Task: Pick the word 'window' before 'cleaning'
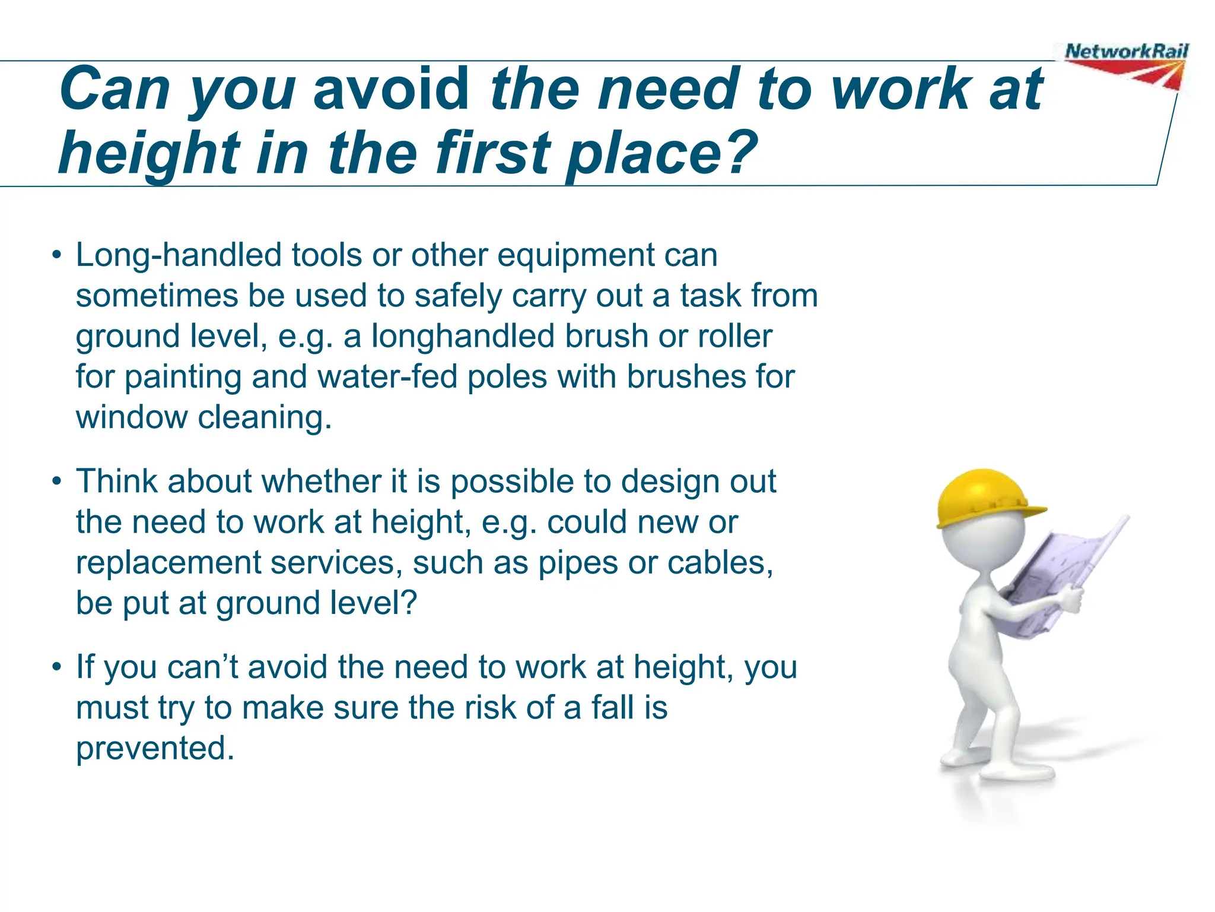[x=131, y=417]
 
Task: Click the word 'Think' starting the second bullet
[x=116, y=482]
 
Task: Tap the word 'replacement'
[x=168, y=562]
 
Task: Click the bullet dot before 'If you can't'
[x=56, y=667]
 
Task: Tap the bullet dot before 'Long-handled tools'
[x=56, y=256]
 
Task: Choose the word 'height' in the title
[x=149, y=153]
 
